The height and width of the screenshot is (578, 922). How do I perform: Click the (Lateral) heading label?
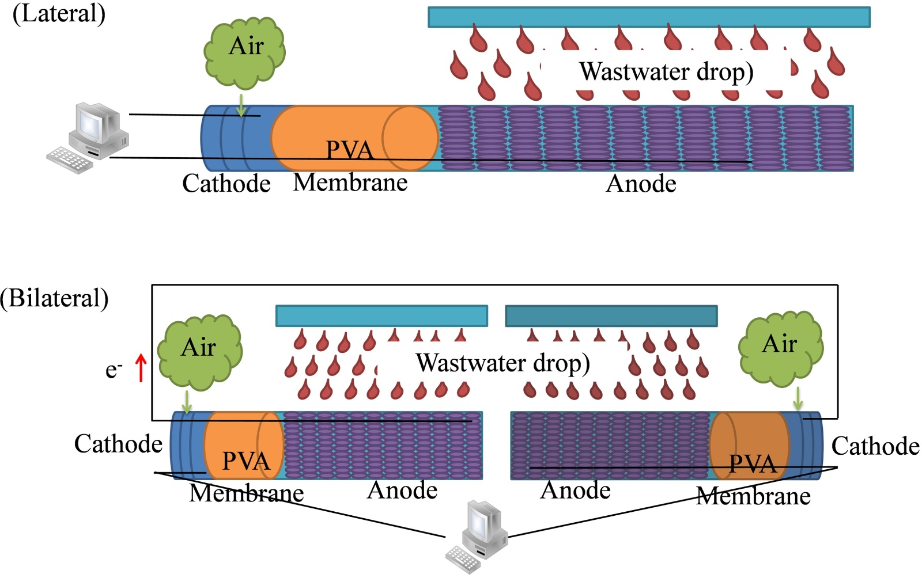click(59, 13)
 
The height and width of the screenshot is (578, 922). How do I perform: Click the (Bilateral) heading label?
click(54, 298)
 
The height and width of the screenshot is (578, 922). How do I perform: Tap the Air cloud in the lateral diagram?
click(245, 51)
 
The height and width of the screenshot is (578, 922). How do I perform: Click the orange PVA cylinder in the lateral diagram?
click(353, 138)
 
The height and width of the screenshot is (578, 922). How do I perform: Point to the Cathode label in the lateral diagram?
click(226, 184)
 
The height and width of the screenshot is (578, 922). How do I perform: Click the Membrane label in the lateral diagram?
click(350, 182)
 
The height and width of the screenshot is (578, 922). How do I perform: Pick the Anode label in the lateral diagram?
click(641, 184)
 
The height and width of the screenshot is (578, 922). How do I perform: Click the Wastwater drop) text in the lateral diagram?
click(666, 72)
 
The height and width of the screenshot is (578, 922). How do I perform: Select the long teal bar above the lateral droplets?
click(649, 17)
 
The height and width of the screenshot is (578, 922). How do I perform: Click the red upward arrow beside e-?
click(141, 368)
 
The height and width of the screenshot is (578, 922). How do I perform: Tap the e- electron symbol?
click(113, 370)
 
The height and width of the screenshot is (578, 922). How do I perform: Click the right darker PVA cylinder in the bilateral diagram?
click(749, 446)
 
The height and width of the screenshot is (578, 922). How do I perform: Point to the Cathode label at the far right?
click(875, 446)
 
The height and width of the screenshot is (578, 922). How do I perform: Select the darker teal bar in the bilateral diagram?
click(611, 316)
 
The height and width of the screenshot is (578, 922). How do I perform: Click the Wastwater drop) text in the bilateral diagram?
click(502, 363)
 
